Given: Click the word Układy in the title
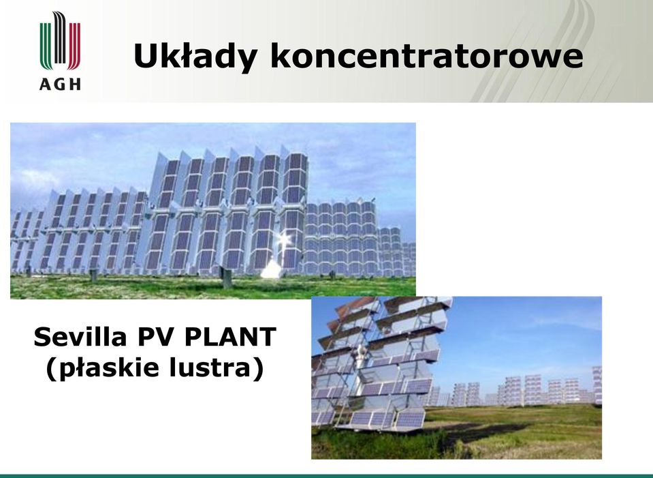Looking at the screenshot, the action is [x=195, y=56].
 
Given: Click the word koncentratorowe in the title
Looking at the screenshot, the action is [x=426, y=56].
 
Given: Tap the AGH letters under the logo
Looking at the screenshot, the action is [x=60, y=85].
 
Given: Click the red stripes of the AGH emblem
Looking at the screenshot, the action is [x=74, y=46].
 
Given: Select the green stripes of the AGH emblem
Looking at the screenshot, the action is [x=46, y=46].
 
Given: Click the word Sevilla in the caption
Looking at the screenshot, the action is [x=80, y=337].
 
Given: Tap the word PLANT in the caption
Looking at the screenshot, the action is [x=230, y=337].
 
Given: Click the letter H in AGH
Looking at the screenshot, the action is [x=75, y=85].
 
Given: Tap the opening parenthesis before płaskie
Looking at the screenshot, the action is [x=52, y=369].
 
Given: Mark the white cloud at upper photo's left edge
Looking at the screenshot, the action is [x=31, y=180].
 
